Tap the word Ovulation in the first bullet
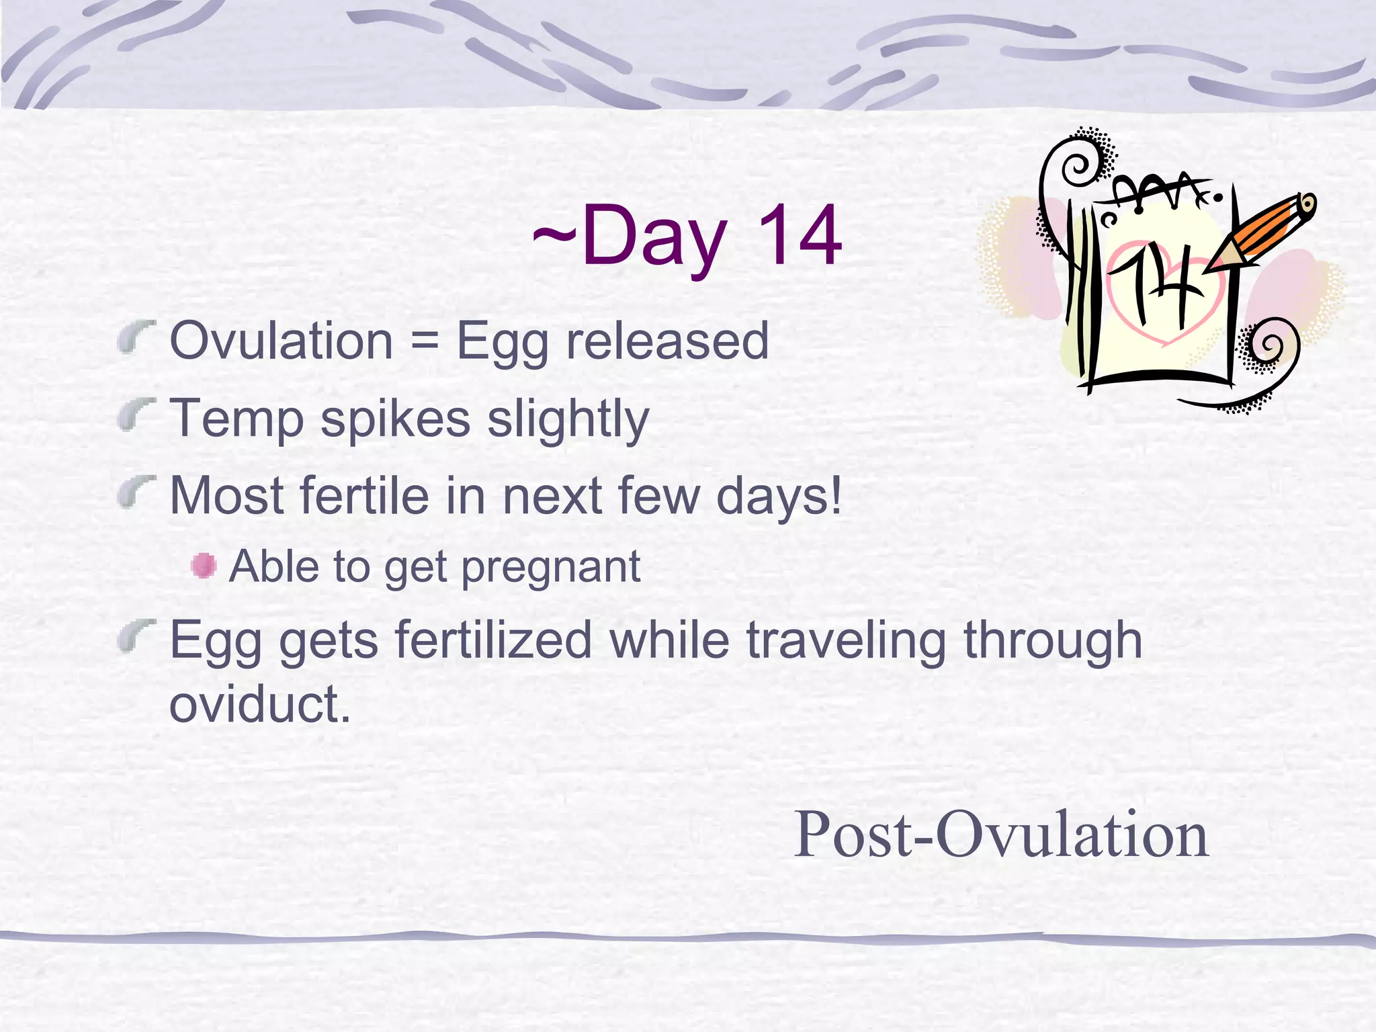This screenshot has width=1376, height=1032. (x=282, y=341)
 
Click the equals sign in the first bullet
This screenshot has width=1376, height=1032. (x=425, y=341)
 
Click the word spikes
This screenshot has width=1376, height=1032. (x=395, y=419)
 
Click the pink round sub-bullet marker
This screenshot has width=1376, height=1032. (x=203, y=566)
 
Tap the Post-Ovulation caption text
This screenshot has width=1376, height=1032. (x=1001, y=834)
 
